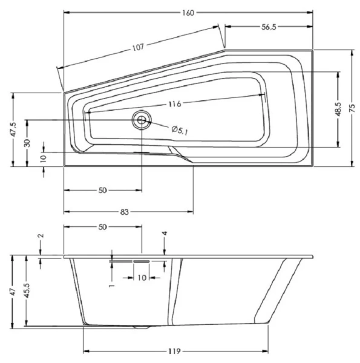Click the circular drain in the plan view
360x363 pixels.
click(x=142, y=120)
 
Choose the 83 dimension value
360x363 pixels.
click(x=125, y=212)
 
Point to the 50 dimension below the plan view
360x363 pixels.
click(x=102, y=190)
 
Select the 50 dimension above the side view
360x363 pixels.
click(x=102, y=227)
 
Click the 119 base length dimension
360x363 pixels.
click(x=175, y=351)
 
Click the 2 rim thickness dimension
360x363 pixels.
click(x=41, y=236)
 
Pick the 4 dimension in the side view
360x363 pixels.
click(x=164, y=233)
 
